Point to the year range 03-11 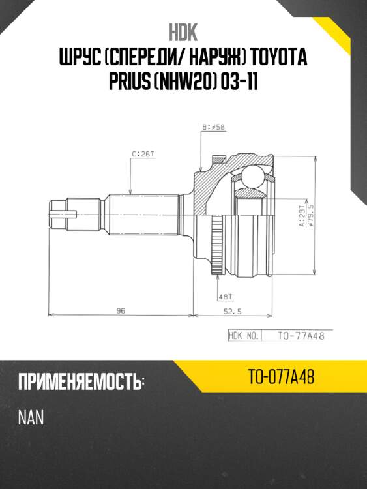242,85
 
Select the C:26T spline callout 142,155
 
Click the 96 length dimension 120,311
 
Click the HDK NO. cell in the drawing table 244,336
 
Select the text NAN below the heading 31,418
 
